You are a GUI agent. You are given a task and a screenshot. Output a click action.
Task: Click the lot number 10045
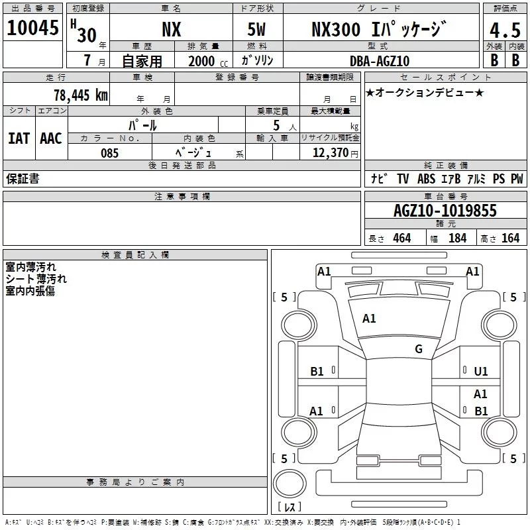click(32, 28)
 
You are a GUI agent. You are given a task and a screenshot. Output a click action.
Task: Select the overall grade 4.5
click(505, 30)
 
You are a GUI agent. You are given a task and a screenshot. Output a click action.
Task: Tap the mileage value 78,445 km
click(81, 95)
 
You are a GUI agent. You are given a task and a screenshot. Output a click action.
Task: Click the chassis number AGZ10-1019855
click(445, 211)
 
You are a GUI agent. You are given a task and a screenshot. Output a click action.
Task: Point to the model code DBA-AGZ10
click(380, 61)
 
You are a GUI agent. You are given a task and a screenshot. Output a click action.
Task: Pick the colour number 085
click(110, 153)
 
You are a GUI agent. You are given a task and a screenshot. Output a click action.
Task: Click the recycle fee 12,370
click(330, 153)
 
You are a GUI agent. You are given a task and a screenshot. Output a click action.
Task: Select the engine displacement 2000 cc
click(208, 61)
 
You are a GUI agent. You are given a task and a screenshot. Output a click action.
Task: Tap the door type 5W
click(256, 29)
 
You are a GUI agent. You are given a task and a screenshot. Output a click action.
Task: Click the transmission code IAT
click(19, 138)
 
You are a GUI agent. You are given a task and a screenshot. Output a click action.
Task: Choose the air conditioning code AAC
click(51, 138)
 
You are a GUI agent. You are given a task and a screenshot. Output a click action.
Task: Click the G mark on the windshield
click(419, 349)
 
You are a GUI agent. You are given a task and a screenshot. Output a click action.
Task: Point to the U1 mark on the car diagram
click(481, 372)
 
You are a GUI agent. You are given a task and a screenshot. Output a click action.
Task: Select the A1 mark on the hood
click(369, 319)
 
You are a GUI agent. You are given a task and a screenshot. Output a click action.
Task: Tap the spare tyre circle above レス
click(290, 483)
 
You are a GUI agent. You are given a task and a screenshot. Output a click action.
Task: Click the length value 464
click(402, 238)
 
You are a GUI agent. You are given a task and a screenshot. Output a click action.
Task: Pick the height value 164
click(510, 238)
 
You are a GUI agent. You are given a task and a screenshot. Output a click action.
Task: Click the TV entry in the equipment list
click(403, 179)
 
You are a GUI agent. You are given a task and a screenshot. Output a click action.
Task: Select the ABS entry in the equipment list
click(426, 179)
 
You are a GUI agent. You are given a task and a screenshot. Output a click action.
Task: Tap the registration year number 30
click(87, 35)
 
